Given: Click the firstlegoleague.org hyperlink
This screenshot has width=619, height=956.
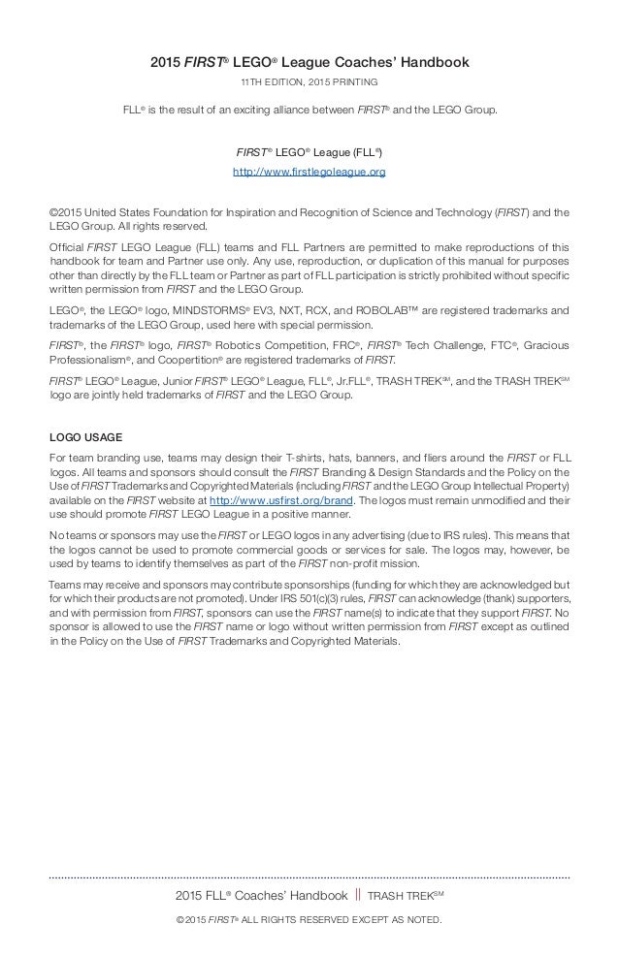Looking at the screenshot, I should click(x=309, y=172).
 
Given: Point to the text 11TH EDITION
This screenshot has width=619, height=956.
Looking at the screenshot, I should click(x=272, y=82).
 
